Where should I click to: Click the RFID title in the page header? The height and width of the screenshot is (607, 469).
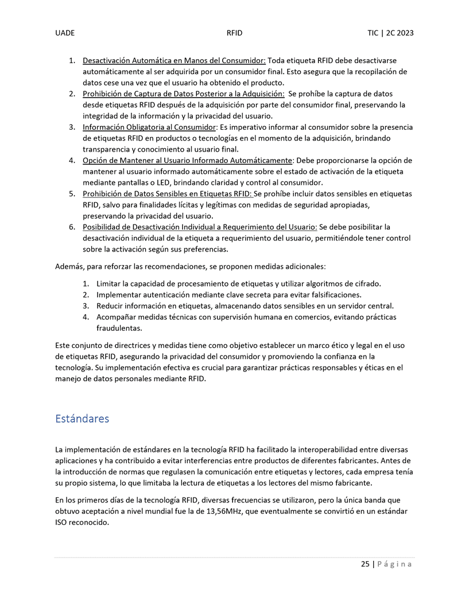point(234,33)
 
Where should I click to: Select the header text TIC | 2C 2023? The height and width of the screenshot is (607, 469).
point(390,33)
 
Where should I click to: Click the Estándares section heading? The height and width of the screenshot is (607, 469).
point(82,419)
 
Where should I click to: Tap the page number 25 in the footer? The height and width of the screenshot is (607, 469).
point(365,565)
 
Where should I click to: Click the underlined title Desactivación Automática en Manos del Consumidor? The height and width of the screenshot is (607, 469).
point(174,60)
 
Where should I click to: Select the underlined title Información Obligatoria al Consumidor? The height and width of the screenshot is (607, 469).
point(149,127)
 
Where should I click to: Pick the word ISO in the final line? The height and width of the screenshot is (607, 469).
point(62,523)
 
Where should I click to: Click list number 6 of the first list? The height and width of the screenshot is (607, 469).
point(72,227)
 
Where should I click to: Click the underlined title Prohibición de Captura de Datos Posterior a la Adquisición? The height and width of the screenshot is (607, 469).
point(184,94)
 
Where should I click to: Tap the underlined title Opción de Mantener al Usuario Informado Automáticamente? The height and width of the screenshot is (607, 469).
point(188,160)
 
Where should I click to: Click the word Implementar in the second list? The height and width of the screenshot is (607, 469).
point(119,295)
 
